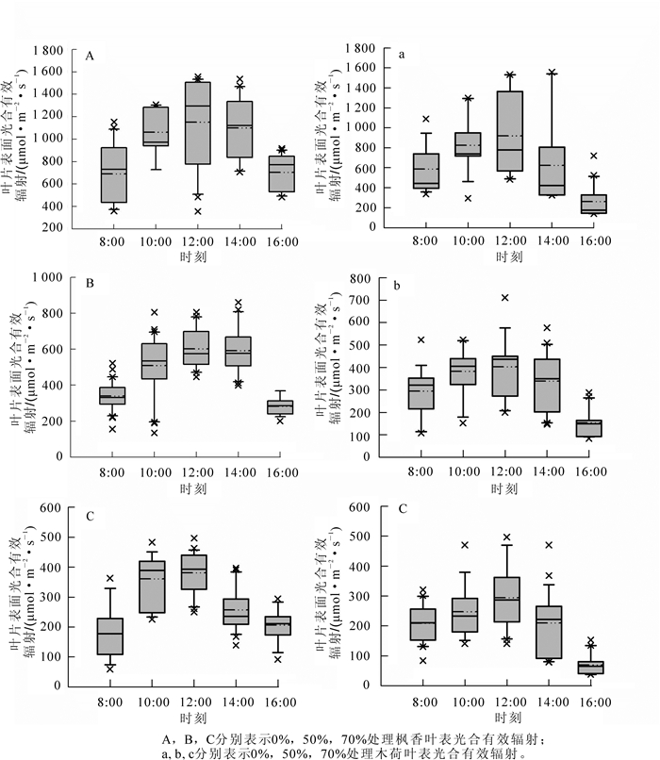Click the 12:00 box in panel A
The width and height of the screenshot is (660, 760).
pos(198,137)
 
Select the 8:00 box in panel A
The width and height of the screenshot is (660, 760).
pos(114,174)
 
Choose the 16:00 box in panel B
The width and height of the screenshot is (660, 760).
pos(279,406)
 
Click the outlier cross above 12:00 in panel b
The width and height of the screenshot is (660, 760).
pos(505,298)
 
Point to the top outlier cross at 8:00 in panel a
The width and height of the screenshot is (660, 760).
pos(425,119)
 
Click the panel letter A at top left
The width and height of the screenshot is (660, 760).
pos(91,57)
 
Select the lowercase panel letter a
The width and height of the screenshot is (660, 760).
pos(402,55)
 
